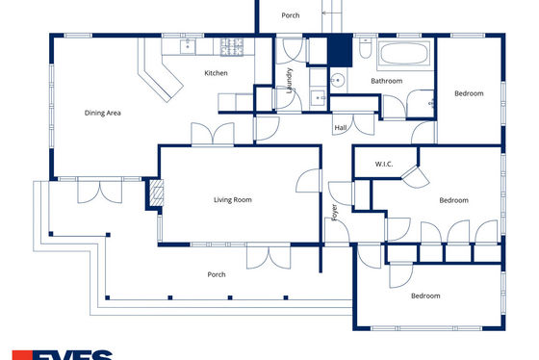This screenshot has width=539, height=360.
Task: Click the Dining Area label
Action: pyautogui.click(x=102, y=113)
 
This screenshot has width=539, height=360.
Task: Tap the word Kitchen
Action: pyautogui.click(x=216, y=73)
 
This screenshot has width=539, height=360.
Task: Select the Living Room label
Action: pyautogui.click(x=233, y=200)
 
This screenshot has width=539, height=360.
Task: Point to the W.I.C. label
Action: pyautogui.click(x=384, y=164)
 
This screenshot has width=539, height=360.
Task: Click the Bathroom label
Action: pyautogui.click(x=386, y=81)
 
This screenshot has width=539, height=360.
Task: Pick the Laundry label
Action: pyautogui.click(x=290, y=81)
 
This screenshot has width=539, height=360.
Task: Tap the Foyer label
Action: pyautogui.click(x=334, y=212)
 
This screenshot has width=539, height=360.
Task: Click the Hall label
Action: pyautogui.click(x=341, y=128)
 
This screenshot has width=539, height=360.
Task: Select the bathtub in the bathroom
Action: pyautogui.click(x=404, y=53)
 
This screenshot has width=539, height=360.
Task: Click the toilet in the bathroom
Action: pyautogui.click(x=365, y=48)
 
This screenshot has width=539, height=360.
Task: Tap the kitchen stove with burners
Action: pyautogui.click(x=232, y=47)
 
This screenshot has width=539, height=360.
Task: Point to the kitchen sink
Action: pyautogui.click(x=188, y=46)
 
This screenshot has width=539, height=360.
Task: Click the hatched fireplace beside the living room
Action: pyautogui.click(x=157, y=193)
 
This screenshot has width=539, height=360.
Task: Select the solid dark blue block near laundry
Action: pyautogui.click(x=340, y=52)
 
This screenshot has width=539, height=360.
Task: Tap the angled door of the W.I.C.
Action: pyautogui.click(x=416, y=177)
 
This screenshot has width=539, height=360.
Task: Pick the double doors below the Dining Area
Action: pyautogui.click(x=100, y=191)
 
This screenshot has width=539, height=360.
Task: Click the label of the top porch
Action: pyautogui.click(x=291, y=15)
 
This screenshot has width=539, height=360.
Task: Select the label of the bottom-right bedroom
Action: pyautogui.click(x=425, y=296)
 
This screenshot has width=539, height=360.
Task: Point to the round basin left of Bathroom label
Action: pyautogui.click(x=338, y=81)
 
